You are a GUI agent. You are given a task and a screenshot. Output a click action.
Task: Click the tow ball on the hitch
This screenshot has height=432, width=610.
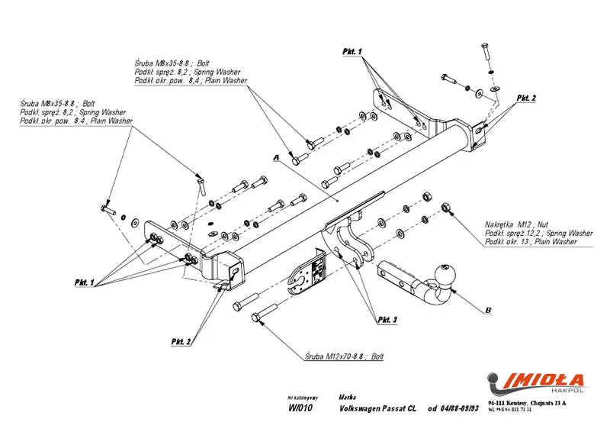click(445, 274)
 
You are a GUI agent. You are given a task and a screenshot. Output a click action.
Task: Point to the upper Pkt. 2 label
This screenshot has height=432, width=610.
click(526, 98)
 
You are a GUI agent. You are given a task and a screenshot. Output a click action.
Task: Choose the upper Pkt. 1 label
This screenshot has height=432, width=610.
click(352, 50)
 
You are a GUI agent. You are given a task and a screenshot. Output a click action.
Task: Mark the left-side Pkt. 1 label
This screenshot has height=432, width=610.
click(84, 282)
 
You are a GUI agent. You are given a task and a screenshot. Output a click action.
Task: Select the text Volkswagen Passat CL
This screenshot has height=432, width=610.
click(377, 409)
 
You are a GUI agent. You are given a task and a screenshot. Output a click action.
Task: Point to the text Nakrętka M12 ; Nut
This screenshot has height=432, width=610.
click(522, 224)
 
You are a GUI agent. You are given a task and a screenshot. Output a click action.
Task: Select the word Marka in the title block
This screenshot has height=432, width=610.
click(346, 398)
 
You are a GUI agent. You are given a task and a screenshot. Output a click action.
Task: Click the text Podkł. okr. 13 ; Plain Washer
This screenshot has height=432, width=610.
click(531, 242)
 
